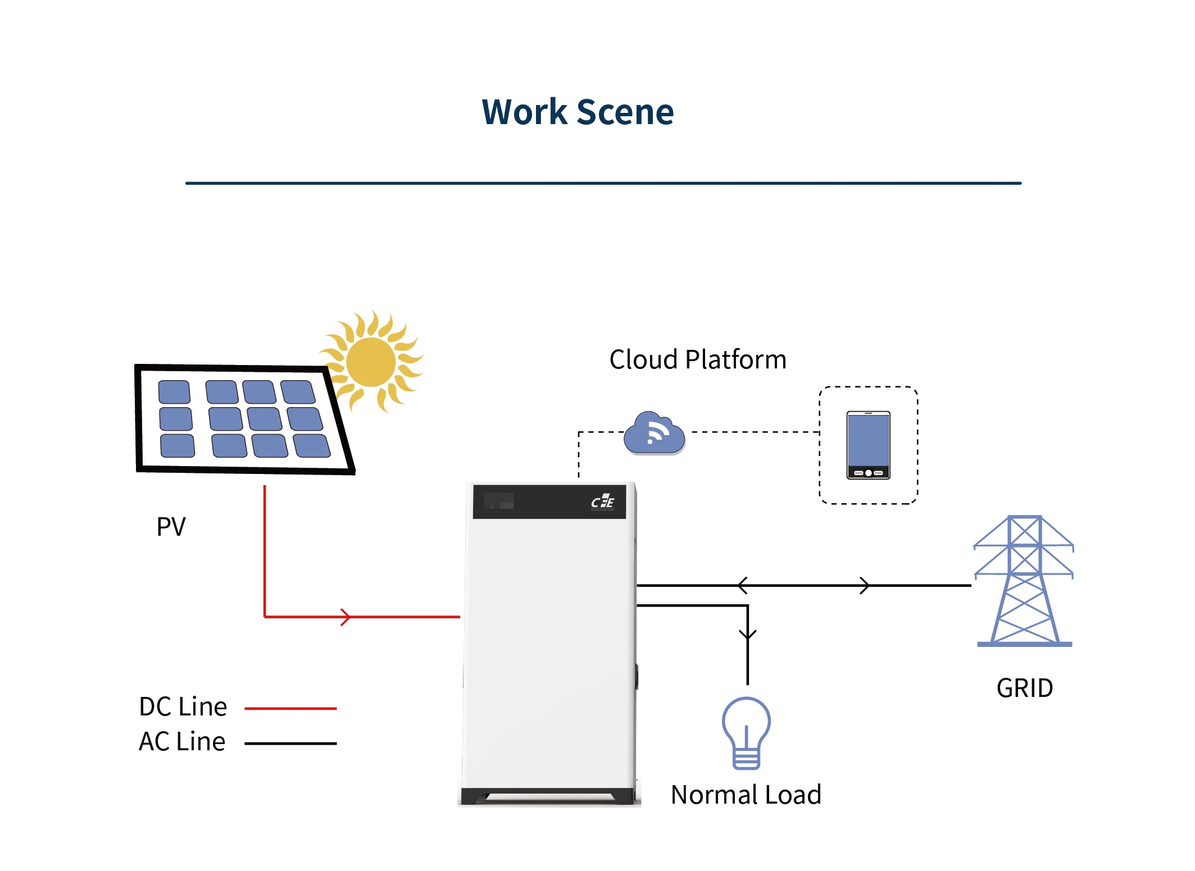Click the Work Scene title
click(578, 112)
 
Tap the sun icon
click(371, 362)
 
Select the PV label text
click(171, 526)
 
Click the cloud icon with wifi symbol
click(654, 434)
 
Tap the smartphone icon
click(868, 445)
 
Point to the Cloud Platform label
click(697, 359)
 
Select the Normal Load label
click(746, 795)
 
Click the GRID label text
click(1024, 688)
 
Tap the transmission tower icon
click(1024, 581)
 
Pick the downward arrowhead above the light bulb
click(747, 635)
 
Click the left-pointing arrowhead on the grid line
click(743, 585)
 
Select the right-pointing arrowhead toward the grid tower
click(865, 585)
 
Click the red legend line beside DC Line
click(290, 709)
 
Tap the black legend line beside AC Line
click(290, 744)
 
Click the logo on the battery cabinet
click(602, 501)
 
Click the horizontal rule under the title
click(603, 183)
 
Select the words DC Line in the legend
click(183, 706)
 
